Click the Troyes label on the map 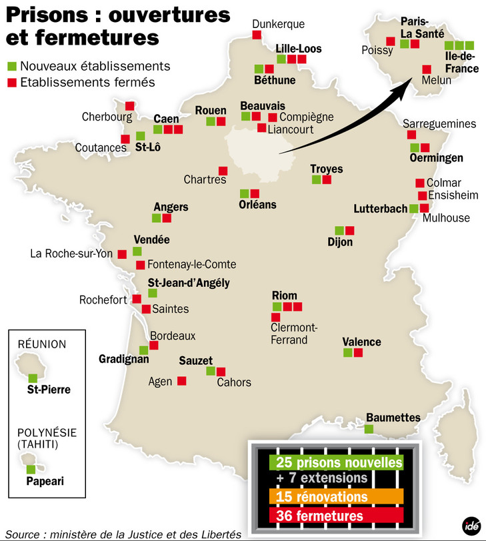pyautogui.click(x=327, y=169)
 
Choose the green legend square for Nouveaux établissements pyautogui.click(x=11, y=67)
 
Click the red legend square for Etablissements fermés pyautogui.click(x=11, y=83)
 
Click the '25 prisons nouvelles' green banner pyautogui.click(x=336, y=462)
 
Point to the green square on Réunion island pyautogui.click(x=33, y=378)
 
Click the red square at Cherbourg pyautogui.click(x=129, y=105)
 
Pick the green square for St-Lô pyautogui.click(x=140, y=136)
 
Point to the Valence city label pyautogui.click(x=361, y=342)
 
